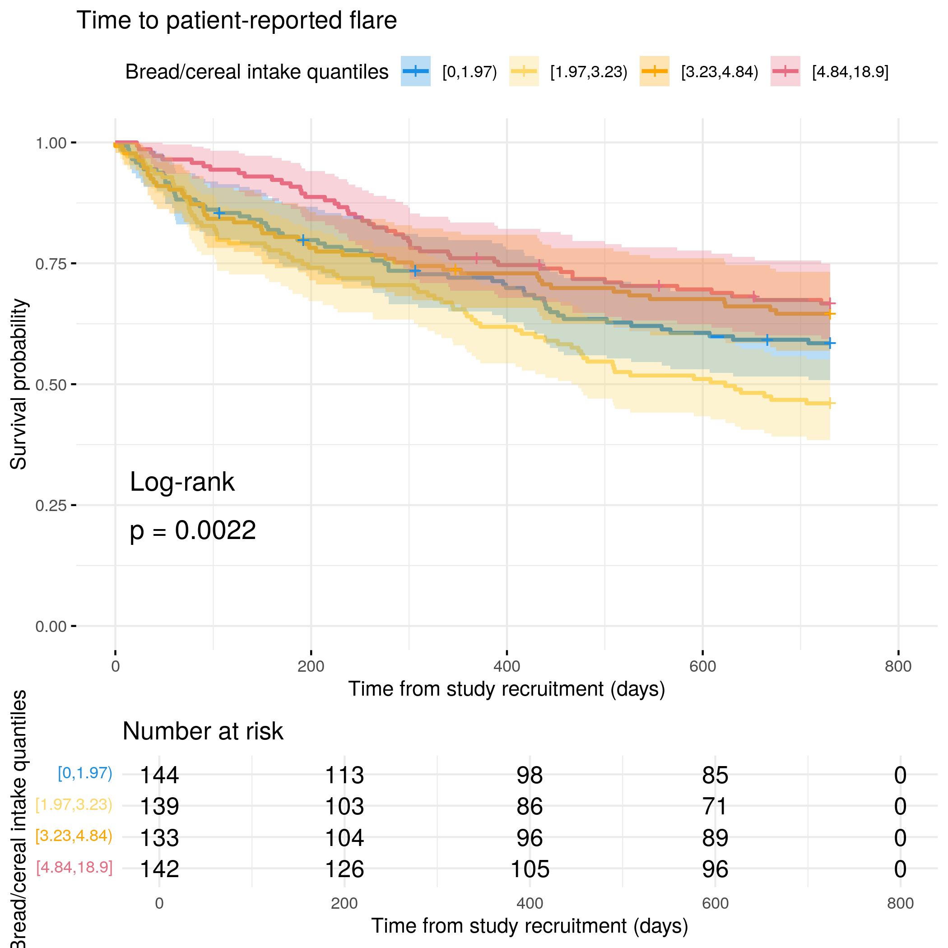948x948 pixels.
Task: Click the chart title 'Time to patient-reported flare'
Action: click(237, 21)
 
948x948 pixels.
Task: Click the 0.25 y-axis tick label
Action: click(51, 506)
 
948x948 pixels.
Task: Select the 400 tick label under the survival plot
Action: click(507, 666)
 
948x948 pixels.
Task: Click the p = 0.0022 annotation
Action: click(193, 530)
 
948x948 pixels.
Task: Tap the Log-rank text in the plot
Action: click(182, 482)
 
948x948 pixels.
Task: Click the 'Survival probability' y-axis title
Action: click(19, 384)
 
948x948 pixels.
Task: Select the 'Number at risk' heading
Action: click(203, 732)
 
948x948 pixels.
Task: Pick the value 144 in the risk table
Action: click(159, 775)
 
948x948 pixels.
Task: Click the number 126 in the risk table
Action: click(344, 869)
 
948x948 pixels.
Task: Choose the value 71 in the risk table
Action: click(715, 806)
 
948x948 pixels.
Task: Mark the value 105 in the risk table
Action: click(530, 869)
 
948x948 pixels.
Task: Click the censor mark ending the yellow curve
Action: click(830, 403)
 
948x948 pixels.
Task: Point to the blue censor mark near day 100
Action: click(219, 213)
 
